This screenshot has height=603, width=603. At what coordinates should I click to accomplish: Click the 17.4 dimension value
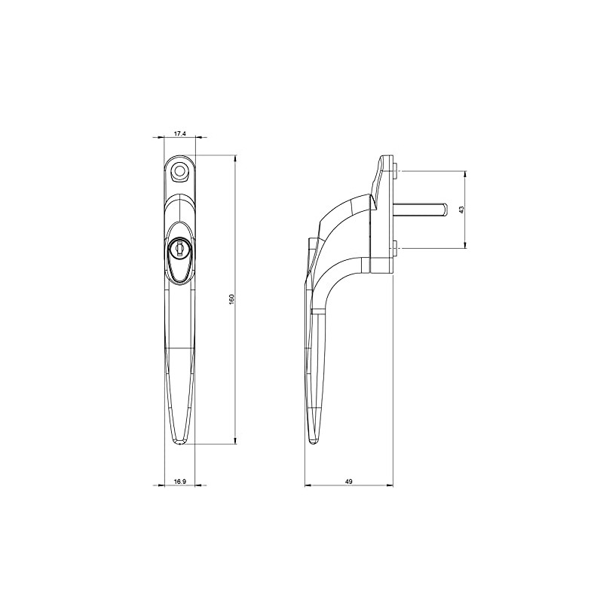pyautogui.click(x=180, y=133)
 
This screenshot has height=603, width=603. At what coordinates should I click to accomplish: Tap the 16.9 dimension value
pyautogui.click(x=179, y=481)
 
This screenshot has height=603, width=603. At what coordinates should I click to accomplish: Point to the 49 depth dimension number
pyautogui.click(x=349, y=481)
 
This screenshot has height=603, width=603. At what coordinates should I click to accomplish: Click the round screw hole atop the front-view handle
pyautogui.click(x=179, y=171)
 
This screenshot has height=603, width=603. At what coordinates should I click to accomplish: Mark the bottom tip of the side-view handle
pyautogui.click(x=311, y=445)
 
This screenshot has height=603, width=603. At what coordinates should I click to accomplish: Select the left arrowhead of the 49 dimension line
pyautogui.click(x=307, y=486)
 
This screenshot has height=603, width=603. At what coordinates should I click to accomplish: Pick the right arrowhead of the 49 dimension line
pyautogui.click(x=391, y=486)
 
